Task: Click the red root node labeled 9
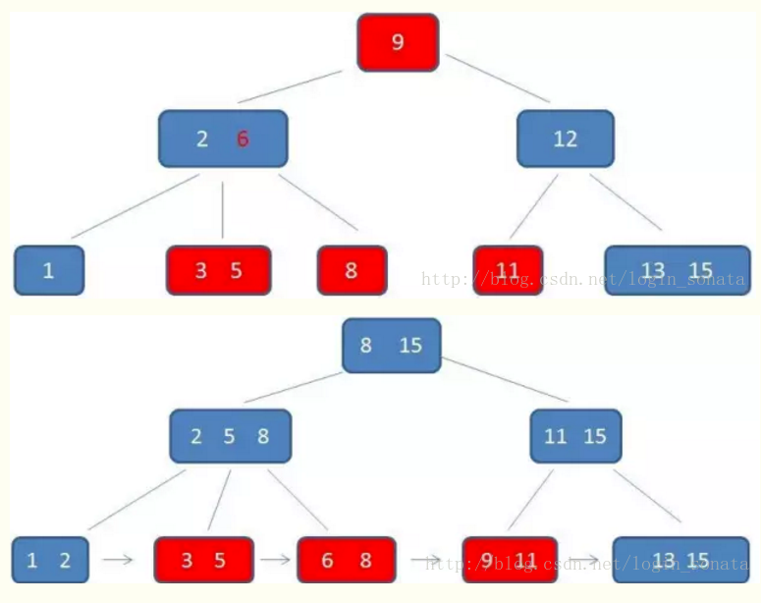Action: click(397, 42)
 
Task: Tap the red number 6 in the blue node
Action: click(243, 138)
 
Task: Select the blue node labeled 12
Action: click(565, 138)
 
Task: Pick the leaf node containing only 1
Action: click(49, 270)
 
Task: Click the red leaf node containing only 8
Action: click(352, 270)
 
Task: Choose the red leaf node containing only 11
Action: click(508, 270)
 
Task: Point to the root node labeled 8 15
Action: click(391, 346)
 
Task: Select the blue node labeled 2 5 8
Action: click(230, 436)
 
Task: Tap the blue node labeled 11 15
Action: click(575, 436)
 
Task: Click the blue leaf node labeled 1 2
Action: click(49, 560)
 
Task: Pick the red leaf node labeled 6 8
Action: click(346, 560)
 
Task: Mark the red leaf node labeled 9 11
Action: click(510, 560)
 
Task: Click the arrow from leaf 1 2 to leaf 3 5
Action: click(119, 560)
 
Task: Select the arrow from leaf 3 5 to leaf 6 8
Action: click(275, 560)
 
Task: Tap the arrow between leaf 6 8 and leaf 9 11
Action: click(426, 560)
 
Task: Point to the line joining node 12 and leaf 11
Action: click(533, 206)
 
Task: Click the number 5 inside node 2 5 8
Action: click(229, 436)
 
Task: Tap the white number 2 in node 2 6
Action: click(202, 138)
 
